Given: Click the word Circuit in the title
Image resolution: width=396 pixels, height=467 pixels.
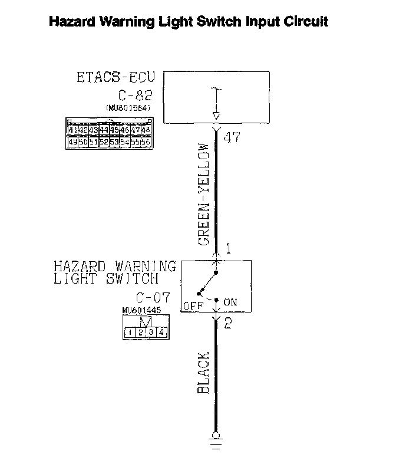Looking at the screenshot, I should coord(304,22).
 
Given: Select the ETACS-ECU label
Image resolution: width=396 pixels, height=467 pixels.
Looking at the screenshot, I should coord(115,78).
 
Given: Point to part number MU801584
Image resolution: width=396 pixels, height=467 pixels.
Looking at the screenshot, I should coord(128,108).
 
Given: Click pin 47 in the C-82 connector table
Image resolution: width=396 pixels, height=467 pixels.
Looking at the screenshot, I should coord(136,130).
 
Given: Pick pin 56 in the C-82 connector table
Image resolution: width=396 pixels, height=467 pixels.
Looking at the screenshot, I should coord(146,142).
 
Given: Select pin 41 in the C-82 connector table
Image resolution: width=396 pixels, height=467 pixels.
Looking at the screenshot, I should coord(72,130).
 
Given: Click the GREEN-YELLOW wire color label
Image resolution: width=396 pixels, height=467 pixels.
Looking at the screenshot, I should coord(204,194).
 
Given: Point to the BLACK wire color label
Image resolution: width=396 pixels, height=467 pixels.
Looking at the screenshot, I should coord(204,374).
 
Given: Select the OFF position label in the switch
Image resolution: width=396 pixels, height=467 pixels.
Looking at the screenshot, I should coord(192,305).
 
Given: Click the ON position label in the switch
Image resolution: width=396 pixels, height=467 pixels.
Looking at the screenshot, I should coord(230,302).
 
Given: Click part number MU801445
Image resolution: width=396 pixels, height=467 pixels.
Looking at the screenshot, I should coord(142,311).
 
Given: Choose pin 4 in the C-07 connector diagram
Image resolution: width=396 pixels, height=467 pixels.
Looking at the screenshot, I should coord(161,333).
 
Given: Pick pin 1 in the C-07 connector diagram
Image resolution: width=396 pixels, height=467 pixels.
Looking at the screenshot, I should coord(127,333).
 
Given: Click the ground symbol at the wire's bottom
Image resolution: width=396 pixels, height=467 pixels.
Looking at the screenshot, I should coord(216,441).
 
